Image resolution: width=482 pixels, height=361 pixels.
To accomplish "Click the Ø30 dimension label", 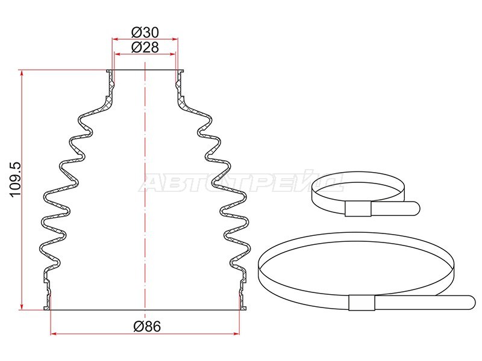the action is [x=145, y=32].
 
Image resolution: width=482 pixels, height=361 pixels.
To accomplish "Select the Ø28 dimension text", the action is [x=145, y=48].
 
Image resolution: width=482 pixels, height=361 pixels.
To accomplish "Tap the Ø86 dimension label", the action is [x=147, y=326].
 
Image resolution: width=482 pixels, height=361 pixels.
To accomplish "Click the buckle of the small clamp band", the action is [x=358, y=209].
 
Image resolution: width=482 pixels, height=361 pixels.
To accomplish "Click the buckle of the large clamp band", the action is [x=362, y=303].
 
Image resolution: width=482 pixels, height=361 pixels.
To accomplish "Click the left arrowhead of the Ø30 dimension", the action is [x=115, y=39].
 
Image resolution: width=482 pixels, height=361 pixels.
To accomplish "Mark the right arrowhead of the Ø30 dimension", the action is [x=175, y=39].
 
